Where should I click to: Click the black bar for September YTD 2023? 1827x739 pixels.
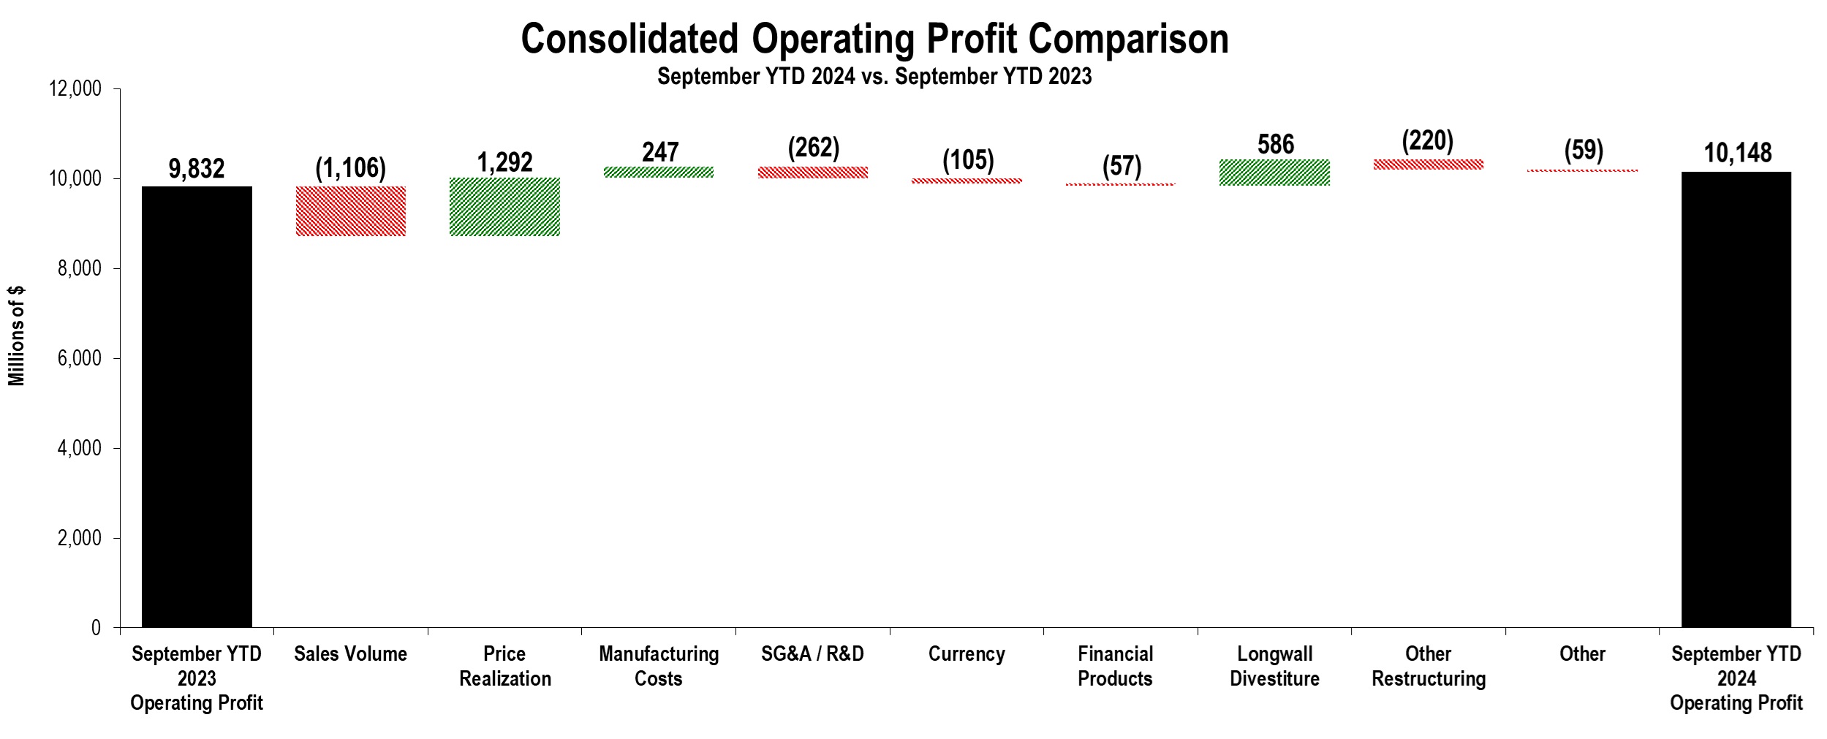pos(197,406)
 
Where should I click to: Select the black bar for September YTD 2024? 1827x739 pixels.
pos(1736,399)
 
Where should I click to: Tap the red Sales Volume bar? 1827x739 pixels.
pos(351,211)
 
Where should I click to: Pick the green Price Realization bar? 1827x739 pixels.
pos(504,207)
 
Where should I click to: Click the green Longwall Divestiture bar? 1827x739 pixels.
pos(1274,173)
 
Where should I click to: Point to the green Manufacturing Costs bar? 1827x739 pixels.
pos(659,173)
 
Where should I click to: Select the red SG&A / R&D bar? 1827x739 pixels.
pos(813,173)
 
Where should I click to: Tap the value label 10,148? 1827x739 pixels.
pos(1738,153)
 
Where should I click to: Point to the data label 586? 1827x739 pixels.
pos(1276,144)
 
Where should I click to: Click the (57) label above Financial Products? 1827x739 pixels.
pos(1121,166)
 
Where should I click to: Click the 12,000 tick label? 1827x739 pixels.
pos(75,89)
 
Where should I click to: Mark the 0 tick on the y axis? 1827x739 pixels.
pos(96,628)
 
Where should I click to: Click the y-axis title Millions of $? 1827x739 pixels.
pos(17,336)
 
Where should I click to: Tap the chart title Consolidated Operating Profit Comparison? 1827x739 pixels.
pos(874,39)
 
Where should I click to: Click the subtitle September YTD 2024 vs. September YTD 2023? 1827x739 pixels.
pos(874,76)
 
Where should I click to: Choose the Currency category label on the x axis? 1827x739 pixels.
pos(967,654)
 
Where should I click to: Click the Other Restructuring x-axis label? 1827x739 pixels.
pos(1429,666)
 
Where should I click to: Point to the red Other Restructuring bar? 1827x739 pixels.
pos(1429,164)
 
